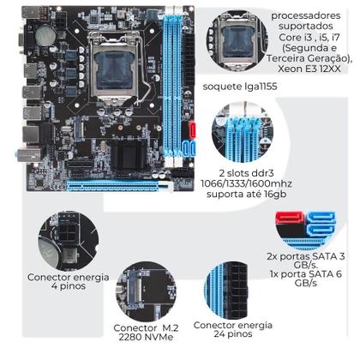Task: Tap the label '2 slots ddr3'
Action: pyautogui.click(x=243, y=172)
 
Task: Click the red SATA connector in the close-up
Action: pyautogui.click(x=290, y=230)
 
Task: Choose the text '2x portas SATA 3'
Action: pyautogui.click(x=306, y=257)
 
